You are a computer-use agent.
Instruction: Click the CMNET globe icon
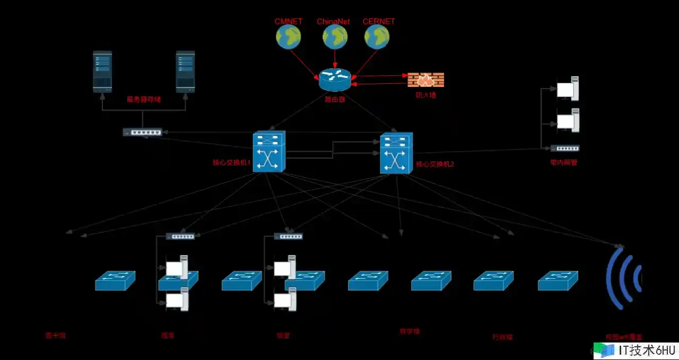coord(288,37)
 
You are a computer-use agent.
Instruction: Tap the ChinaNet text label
coord(334,22)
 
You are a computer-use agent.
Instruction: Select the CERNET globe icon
coord(377,37)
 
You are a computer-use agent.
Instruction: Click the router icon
coord(335,80)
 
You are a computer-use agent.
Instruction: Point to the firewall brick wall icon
coord(426,80)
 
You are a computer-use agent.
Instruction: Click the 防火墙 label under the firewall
coord(425,95)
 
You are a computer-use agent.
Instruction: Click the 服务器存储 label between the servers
coord(143,99)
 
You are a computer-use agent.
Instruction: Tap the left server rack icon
coord(102,72)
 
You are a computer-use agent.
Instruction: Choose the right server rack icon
coord(185,72)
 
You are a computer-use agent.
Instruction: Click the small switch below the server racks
coord(142,132)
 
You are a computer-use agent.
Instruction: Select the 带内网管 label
coord(564,163)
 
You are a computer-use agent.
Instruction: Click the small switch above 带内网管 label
coord(565,148)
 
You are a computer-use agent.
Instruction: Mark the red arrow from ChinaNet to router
coord(335,58)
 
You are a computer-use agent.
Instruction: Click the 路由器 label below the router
coord(335,99)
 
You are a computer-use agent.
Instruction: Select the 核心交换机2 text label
coord(435,164)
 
